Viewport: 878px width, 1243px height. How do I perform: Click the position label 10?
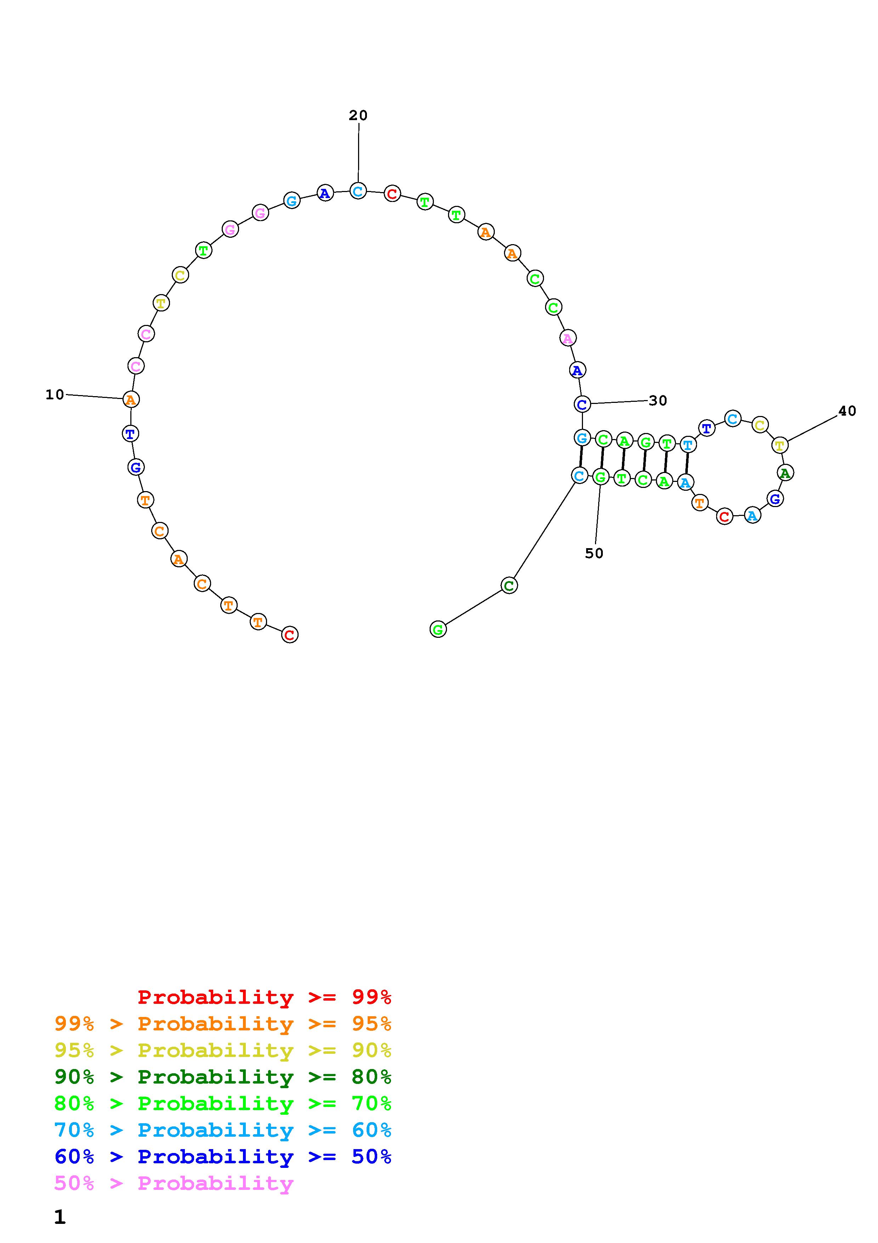pyautogui.click(x=55, y=395)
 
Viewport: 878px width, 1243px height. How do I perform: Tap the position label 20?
pyautogui.click(x=358, y=115)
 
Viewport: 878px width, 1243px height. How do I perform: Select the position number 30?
pyautogui.click(x=658, y=401)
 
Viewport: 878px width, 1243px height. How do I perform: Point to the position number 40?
pyautogui.click(x=847, y=411)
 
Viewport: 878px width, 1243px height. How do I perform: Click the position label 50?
pyautogui.click(x=594, y=553)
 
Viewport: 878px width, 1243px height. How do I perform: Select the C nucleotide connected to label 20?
pyautogui.click(x=358, y=191)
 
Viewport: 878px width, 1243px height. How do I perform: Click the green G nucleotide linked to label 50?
pyautogui.click(x=600, y=477)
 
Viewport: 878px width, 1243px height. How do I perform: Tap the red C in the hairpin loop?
pyautogui.click(x=724, y=517)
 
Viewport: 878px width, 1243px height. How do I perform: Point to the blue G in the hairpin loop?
pyautogui.click(x=775, y=499)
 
